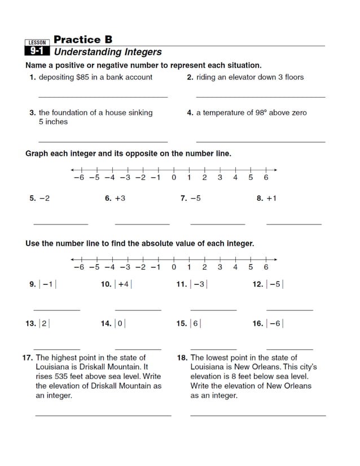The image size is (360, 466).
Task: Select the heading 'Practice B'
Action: pyautogui.click(x=83, y=39)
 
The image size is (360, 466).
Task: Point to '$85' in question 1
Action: pyautogui.click(x=83, y=77)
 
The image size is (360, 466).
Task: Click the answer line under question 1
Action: pyautogui.click(x=103, y=97)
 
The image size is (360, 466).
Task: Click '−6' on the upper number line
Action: pyautogui.click(x=78, y=178)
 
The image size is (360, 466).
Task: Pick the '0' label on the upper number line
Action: pyautogui.click(x=174, y=178)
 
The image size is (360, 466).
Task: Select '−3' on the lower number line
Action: pyautogui.click(x=125, y=267)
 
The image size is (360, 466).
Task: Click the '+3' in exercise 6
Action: pyautogui.click(x=120, y=199)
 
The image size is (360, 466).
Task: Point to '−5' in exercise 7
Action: pyautogui.click(x=195, y=199)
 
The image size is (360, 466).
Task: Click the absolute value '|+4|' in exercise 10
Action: pyautogui.click(x=123, y=284)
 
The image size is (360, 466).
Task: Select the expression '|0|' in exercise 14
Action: pyautogui.click(x=120, y=324)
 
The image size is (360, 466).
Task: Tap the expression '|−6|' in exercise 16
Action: pyautogui.click(x=275, y=324)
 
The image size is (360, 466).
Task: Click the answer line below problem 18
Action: pyautogui.click(x=258, y=416)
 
